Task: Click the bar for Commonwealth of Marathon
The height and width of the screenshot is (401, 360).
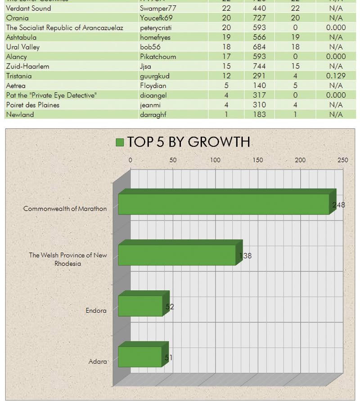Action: pyautogui.click(x=224, y=204)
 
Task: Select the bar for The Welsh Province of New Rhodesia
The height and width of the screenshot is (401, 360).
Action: pyautogui.click(x=177, y=255)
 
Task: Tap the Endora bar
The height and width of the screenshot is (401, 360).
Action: pyautogui.click(x=140, y=306)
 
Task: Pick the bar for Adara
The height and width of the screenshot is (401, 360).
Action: pyautogui.click(x=140, y=357)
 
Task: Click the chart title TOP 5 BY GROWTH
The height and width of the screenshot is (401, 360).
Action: pyautogui.click(x=189, y=142)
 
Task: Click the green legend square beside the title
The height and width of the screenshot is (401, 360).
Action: pyautogui.click(x=120, y=142)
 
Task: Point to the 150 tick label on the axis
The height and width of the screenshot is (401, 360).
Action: pyautogui.click(x=258, y=160)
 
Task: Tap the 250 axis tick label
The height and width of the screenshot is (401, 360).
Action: pyautogui.click(x=342, y=160)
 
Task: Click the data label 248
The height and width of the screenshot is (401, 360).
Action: pyautogui.click(x=339, y=205)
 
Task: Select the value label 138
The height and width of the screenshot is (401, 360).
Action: pyautogui.click(x=245, y=256)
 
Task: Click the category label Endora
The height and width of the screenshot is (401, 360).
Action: pyautogui.click(x=96, y=311)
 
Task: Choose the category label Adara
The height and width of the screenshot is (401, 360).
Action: pyautogui.click(x=98, y=361)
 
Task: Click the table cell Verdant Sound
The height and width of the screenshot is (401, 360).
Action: pyautogui.click(x=28, y=8)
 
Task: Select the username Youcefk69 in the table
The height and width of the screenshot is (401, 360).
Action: pyautogui.click(x=156, y=18)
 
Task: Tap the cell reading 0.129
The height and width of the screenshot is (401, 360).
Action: pyautogui.click(x=336, y=76)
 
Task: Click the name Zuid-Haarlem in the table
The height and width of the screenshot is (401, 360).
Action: pyautogui.click(x=27, y=66)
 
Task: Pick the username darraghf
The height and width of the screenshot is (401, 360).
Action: pyautogui.click(x=153, y=115)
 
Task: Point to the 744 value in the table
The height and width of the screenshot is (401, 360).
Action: pyautogui.click(x=259, y=66)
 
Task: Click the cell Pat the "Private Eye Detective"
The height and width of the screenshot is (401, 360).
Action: pyautogui.click(x=51, y=95)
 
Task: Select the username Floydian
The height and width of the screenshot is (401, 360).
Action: pyautogui.click(x=153, y=86)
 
